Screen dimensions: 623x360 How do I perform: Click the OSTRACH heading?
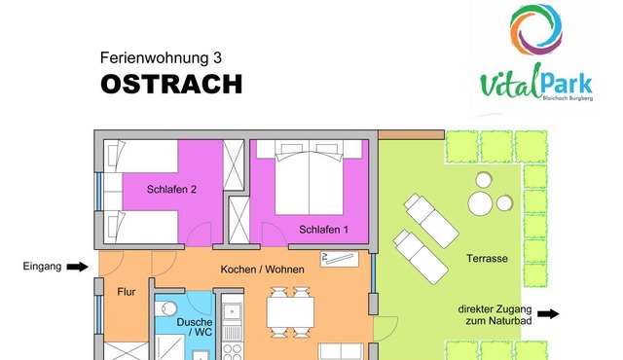pyautogui.click(x=171, y=84)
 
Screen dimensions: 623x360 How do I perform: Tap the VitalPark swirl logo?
pyautogui.click(x=536, y=29)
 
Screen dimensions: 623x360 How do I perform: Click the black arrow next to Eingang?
pyautogui.click(x=78, y=267)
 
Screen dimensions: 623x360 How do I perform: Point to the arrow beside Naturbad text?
pyautogui.click(x=548, y=314)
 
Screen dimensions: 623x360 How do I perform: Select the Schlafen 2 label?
pyautogui.click(x=171, y=190)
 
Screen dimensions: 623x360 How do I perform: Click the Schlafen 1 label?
pyautogui.click(x=323, y=230)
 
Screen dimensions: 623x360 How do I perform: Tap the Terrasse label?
pyautogui.click(x=487, y=259)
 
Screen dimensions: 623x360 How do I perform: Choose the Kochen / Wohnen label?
pyautogui.click(x=262, y=270)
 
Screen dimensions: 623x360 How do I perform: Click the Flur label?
pyautogui.click(x=127, y=292)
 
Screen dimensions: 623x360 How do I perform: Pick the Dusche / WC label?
pyautogui.click(x=195, y=327)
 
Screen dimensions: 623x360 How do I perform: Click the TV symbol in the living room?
pyautogui.click(x=340, y=259)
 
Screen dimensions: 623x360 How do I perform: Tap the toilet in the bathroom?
pyautogui.click(x=166, y=308)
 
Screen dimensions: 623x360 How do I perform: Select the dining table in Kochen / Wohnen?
pyautogui.click(x=290, y=312)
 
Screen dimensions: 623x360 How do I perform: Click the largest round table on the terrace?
pyautogui.click(x=480, y=203)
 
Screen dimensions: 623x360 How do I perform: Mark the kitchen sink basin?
pyautogui.click(x=232, y=311)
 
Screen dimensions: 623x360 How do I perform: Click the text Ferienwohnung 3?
pyautogui.click(x=161, y=58)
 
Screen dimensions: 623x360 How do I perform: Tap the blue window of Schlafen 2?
pyautogui.click(x=98, y=192)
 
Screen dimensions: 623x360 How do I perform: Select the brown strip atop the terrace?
pyautogui.click(x=411, y=135)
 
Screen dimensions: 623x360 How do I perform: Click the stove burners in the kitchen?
pyautogui.click(x=232, y=351)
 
